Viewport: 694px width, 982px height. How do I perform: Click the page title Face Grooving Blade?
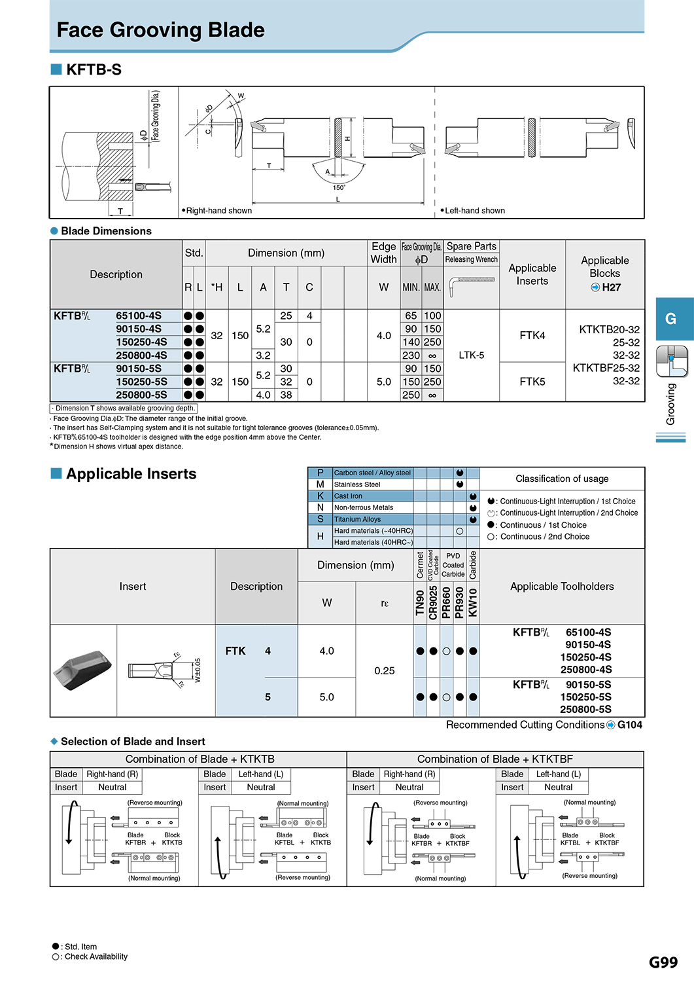160,30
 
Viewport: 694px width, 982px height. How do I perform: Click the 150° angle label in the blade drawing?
339,188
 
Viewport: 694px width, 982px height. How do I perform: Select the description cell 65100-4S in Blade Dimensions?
139,316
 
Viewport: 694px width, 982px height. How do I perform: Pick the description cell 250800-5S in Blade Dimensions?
141,395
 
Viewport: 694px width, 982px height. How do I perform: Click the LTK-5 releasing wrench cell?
472,355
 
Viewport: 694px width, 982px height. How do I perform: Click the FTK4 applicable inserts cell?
532,335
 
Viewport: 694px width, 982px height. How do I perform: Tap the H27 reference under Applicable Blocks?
611,287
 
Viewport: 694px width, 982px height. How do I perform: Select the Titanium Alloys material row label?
357,519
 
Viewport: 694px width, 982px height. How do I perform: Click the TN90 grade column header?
420,603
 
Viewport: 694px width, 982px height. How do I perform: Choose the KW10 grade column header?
473,603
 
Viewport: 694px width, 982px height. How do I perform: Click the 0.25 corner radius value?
384,671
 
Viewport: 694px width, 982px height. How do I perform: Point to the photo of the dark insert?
82,670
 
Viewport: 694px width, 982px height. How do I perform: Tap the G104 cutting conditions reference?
630,725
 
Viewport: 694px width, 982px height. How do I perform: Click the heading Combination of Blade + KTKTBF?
494,759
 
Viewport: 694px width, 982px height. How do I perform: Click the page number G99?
663,962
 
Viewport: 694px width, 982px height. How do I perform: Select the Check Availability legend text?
96,956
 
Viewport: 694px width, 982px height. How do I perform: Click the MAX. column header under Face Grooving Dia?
432,287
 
